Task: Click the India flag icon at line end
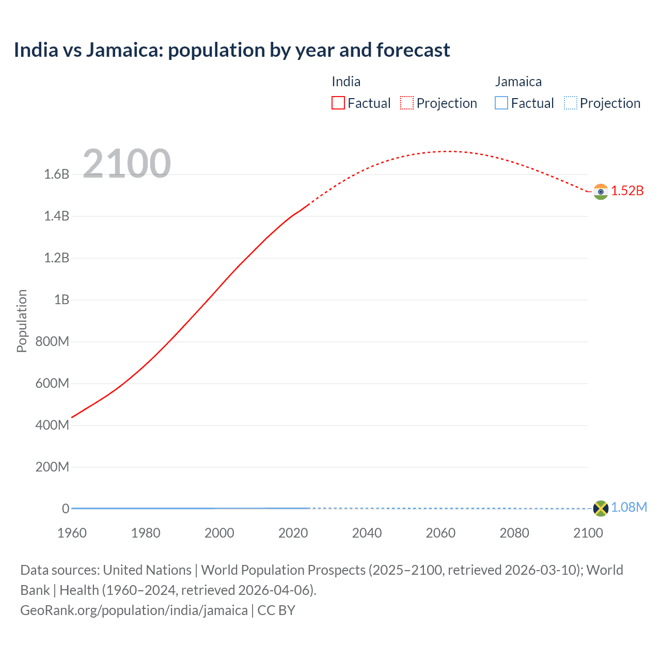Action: pyautogui.click(x=601, y=192)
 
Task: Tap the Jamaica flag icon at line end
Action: pyautogui.click(x=601, y=508)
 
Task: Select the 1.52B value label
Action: pyautogui.click(x=627, y=191)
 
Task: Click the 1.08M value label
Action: pyautogui.click(x=629, y=507)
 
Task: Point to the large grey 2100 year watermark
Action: pyautogui.click(x=127, y=164)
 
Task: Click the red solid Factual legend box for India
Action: pyautogui.click(x=338, y=103)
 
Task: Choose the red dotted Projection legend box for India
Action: pyautogui.click(x=407, y=103)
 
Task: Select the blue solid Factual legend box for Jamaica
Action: pyautogui.click(x=501, y=103)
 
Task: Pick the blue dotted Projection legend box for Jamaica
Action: pyautogui.click(x=571, y=103)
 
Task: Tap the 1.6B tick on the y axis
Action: pyautogui.click(x=57, y=174)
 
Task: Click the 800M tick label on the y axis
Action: pyautogui.click(x=52, y=341)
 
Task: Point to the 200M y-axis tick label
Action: pyautogui.click(x=52, y=467)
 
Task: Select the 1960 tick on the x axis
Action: pyautogui.click(x=72, y=533)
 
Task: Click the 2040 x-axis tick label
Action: pyautogui.click(x=367, y=533)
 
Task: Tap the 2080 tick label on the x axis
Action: pyautogui.click(x=514, y=533)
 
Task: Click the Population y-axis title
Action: pyautogui.click(x=22, y=321)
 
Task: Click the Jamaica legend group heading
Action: pyautogui.click(x=518, y=82)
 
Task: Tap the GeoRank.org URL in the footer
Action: pyautogui.click(x=134, y=610)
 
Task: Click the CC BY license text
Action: pyautogui.click(x=276, y=610)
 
